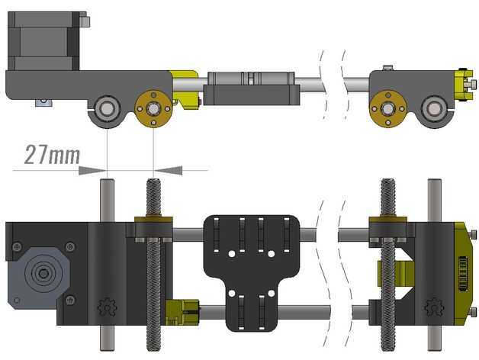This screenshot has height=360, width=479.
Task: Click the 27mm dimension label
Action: point(52,155)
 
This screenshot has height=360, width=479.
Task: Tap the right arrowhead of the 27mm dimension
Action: point(167,170)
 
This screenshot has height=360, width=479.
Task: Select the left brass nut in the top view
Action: point(153,108)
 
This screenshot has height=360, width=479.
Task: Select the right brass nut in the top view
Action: point(388,108)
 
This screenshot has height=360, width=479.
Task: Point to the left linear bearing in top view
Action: point(105,108)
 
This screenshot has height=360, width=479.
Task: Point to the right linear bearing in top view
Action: point(434,108)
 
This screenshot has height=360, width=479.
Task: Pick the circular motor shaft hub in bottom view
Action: point(43,273)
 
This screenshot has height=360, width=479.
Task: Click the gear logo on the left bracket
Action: point(107,307)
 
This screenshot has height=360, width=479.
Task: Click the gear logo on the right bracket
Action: point(435,307)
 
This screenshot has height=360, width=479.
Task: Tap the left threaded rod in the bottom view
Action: point(153,265)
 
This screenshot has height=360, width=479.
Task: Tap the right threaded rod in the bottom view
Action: point(388,265)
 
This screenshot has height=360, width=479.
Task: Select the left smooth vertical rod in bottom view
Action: point(107,265)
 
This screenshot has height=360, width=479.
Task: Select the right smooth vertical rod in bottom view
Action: point(435,265)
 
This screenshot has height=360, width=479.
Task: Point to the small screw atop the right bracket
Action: point(388,67)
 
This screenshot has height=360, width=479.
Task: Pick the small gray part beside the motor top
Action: point(85,21)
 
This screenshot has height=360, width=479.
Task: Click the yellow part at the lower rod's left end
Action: point(182,312)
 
